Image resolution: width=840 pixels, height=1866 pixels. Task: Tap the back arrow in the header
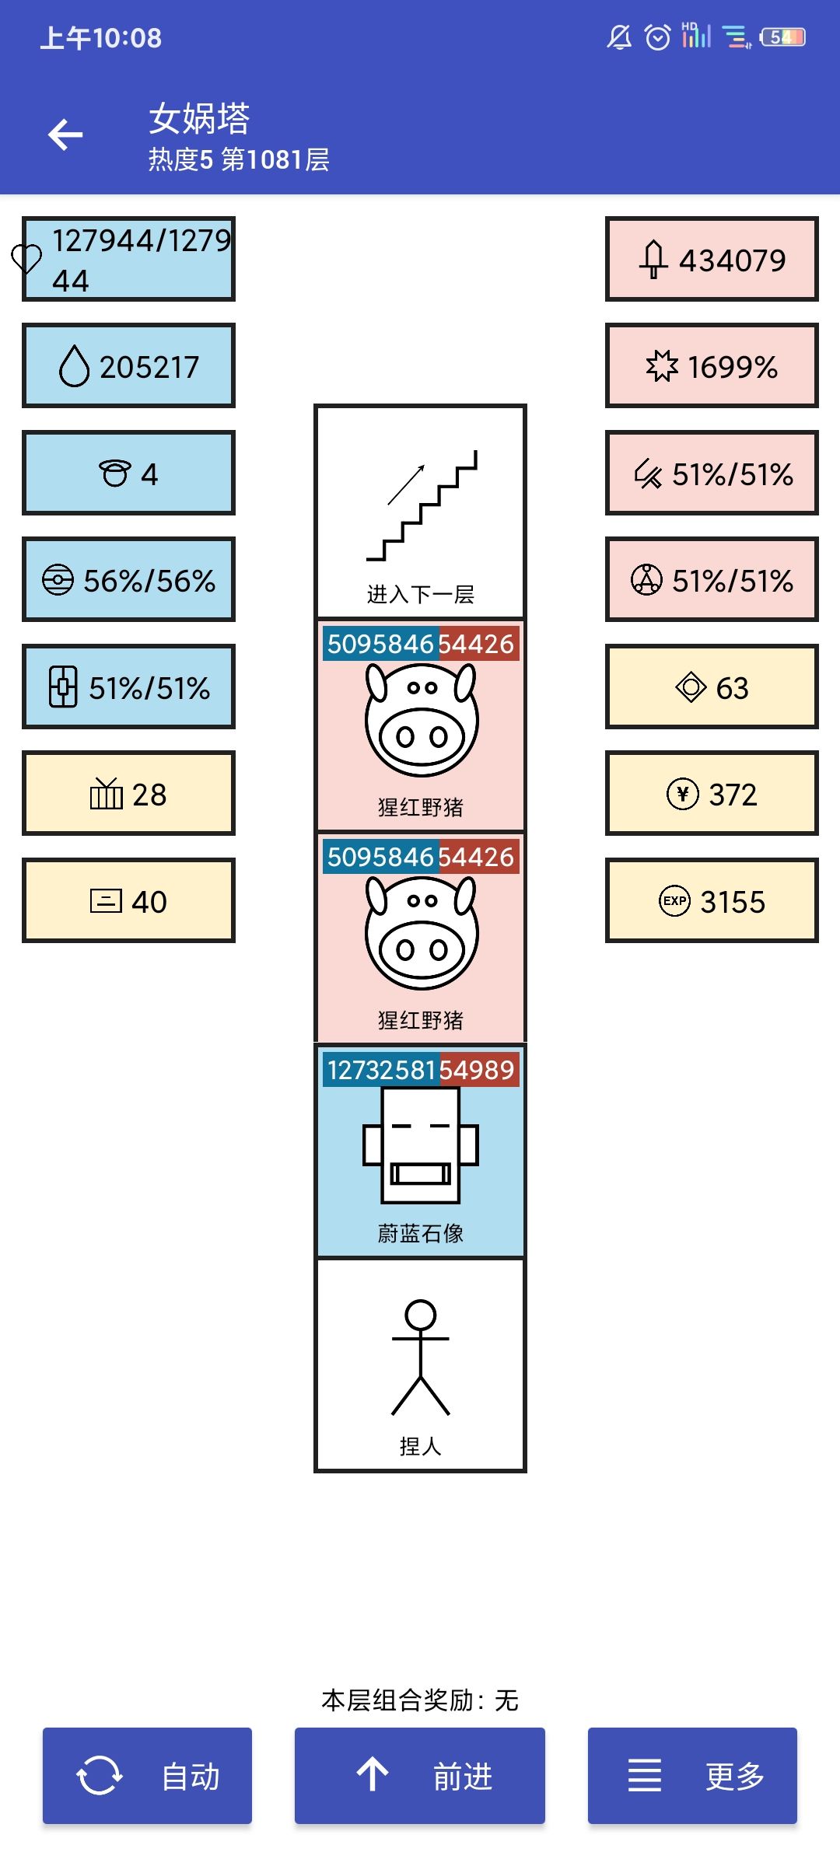point(65,135)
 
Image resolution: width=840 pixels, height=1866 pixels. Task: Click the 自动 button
point(147,1776)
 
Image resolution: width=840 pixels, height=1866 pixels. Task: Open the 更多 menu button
point(692,1776)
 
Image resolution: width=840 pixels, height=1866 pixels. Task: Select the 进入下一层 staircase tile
point(420,511)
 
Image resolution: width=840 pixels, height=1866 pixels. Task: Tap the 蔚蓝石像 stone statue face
point(420,1145)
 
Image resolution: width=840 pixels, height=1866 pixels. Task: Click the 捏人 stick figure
point(420,1358)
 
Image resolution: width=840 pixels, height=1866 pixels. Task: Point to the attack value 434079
point(732,260)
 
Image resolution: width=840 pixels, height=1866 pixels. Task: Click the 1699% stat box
point(712,365)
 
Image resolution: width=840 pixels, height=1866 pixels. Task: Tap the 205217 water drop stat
point(128,365)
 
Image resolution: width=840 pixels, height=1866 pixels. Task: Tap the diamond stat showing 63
point(712,687)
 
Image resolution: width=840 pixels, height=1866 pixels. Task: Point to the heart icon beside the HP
point(26,259)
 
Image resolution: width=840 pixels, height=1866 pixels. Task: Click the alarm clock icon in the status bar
point(658,37)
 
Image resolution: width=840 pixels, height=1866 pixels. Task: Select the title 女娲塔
point(199,118)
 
